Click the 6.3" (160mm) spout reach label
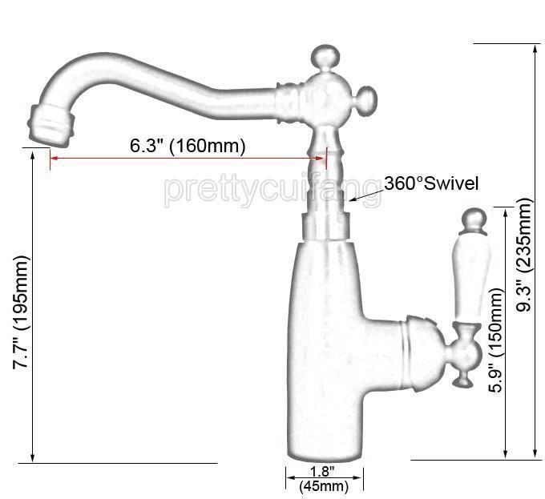pyautogui.click(x=188, y=146)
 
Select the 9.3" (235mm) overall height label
pyautogui.click(x=524, y=255)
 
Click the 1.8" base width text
pyautogui.click(x=322, y=471)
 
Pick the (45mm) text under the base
pyautogui.click(x=324, y=485)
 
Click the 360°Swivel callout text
pyautogui.click(x=431, y=183)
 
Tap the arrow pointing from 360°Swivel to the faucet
pyautogui.click(x=367, y=195)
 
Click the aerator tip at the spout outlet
pyautogui.click(x=50, y=124)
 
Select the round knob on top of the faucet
pyautogui.click(x=325, y=57)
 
